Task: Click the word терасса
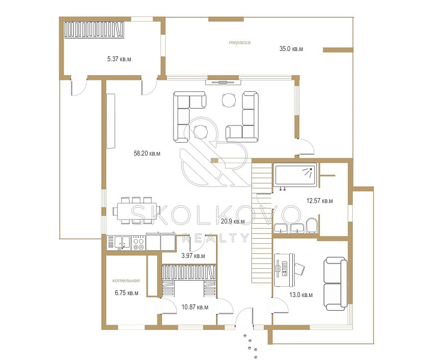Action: [x=239, y=43]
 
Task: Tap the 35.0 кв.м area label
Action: [x=291, y=49]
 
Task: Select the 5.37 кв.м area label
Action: [x=119, y=59]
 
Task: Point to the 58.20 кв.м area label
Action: [x=147, y=154]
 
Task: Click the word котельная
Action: [x=126, y=281]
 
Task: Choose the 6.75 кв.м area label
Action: [x=127, y=293]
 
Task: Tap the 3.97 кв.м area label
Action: [x=193, y=256]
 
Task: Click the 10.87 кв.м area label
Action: [x=195, y=307]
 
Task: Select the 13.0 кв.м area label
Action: [x=301, y=295]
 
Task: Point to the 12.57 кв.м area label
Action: [x=320, y=200]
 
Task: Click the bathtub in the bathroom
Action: [x=295, y=175]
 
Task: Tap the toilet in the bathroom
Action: [x=311, y=226]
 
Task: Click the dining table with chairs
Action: [x=136, y=211]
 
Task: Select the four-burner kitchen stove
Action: [x=139, y=243]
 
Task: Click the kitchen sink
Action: [x=122, y=243]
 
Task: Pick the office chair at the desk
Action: [x=299, y=269]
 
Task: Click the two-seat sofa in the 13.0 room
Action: [x=335, y=284]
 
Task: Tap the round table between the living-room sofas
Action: [x=229, y=100]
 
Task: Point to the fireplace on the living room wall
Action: [x=223, y=82]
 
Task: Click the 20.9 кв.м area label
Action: [x=233, y=221]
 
